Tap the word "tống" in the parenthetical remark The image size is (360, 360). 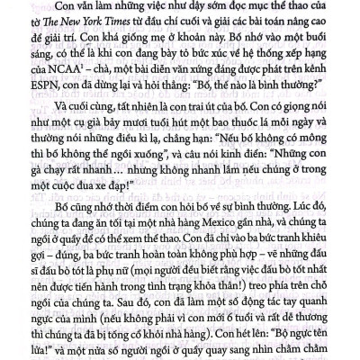[x=138, y=339]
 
